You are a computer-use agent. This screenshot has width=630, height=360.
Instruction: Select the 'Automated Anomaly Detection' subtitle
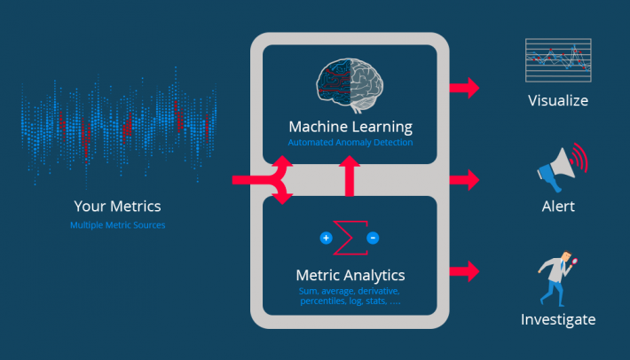tap(350, 142)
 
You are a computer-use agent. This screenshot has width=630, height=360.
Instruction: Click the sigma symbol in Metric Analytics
tap(350, 239)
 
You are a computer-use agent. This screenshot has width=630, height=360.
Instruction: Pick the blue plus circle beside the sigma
tap(325, 238)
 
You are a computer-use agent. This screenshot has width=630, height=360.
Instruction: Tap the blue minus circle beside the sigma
tap(373, 238)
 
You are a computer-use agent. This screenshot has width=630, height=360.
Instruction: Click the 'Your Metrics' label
tap(117, 206)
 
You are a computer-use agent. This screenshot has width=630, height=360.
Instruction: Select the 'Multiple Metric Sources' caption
tap(117, 225)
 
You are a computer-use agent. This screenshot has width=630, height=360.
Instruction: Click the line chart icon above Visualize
tap(557, 60)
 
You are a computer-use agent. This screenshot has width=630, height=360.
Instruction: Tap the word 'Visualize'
tap(557, 100)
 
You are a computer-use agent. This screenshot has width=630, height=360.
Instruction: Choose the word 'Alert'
tap(557, 207)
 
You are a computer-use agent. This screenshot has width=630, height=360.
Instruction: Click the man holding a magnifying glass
tap(555, 278)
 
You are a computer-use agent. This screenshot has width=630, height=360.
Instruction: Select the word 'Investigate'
tap(557, 319)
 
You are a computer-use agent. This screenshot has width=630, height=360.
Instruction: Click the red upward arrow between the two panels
tap(349, 176)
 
